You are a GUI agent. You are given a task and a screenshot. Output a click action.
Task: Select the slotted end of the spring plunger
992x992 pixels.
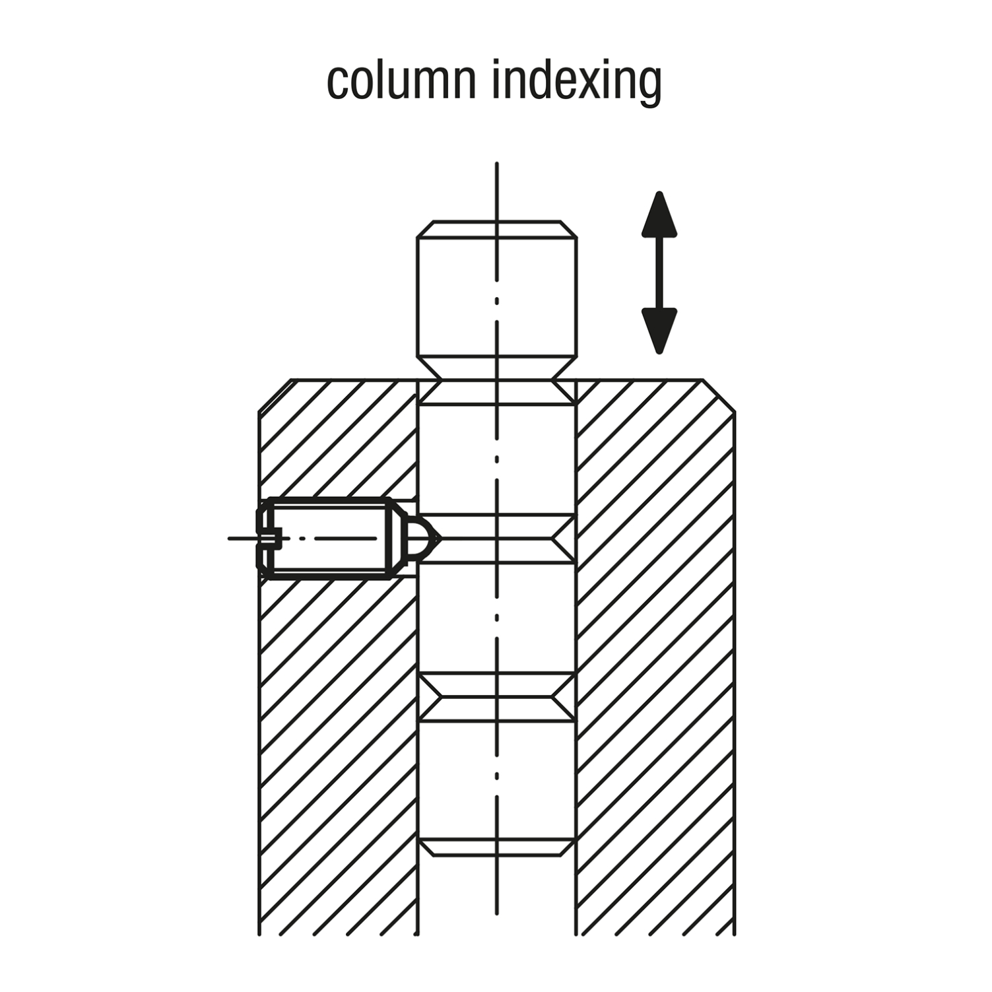[268, 539]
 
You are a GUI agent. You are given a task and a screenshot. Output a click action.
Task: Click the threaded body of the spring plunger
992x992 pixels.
[330, 539]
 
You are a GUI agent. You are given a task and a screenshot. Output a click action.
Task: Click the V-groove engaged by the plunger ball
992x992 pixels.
[497, 539]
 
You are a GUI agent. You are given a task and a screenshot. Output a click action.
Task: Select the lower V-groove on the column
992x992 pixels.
[497, 697]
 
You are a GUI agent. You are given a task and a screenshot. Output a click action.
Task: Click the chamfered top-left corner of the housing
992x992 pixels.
[275, 395]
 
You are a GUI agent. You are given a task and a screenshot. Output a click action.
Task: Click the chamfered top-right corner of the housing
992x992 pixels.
[719, 395]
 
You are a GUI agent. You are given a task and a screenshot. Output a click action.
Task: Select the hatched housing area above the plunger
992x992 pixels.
[338, 439]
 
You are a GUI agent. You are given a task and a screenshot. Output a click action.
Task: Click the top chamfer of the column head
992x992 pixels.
[497, 229]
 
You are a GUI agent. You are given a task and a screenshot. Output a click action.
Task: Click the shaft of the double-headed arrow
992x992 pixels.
[659, 273]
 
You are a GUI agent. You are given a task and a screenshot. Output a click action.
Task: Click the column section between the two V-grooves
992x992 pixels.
[497, 618]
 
